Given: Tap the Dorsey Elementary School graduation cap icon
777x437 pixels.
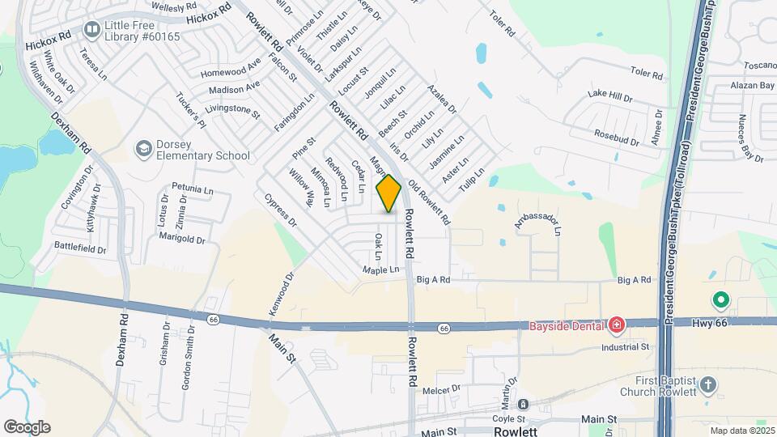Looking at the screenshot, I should (x=144, y=149).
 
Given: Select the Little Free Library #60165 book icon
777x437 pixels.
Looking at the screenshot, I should (x=91, y=31).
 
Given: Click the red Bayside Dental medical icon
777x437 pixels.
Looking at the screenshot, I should (x=617, y=326).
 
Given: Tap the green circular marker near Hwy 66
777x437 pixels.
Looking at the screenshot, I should (x=720, y=301).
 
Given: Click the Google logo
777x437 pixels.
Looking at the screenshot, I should (x=27, y=427).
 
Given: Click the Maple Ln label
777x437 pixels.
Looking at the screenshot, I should (x=381, y=269).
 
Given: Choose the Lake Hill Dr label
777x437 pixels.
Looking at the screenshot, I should (x=609, y=95).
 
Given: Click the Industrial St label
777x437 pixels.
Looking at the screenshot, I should (x=625, y=346).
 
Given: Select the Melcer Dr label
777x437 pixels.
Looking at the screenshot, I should (x=441, y=389).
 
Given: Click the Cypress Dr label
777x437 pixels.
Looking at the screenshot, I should (x=281, y=210).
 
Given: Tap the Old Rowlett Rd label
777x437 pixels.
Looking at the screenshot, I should (x=429, y=202).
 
